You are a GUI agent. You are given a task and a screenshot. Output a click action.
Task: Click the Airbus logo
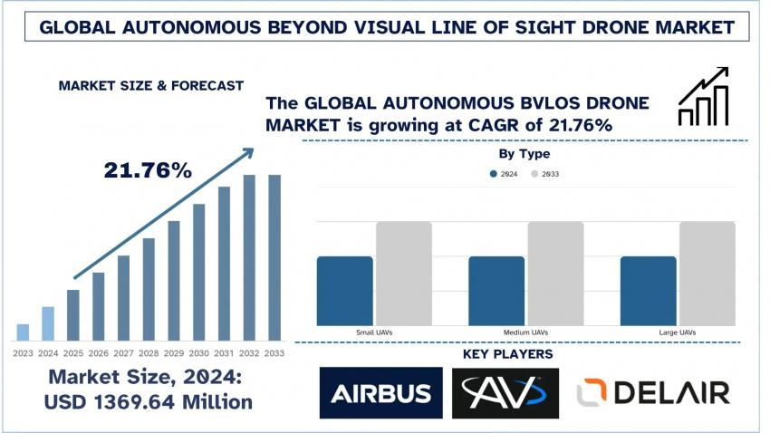pos(380,392)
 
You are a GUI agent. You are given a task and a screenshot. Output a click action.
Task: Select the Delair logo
pos(653,392)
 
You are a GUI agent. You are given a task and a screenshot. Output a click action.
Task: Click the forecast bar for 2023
pos(24,332)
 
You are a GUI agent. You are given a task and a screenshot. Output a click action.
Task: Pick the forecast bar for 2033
pos(274,257)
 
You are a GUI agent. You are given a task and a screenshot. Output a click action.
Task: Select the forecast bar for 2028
pos(149,289)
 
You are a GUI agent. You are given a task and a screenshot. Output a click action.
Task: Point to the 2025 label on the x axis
pos(73,352)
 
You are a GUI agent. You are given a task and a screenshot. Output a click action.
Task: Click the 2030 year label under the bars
pos(199,352)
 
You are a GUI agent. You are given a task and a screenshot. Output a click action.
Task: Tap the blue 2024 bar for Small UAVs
pos(344,291)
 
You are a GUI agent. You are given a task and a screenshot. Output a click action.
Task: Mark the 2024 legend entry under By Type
pos(503,173)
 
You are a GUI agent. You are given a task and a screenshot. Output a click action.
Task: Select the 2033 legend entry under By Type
pos(544,173)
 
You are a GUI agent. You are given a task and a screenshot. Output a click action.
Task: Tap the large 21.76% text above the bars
pos(148,169)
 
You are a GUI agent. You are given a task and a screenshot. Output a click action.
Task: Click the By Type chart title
pos(525,154)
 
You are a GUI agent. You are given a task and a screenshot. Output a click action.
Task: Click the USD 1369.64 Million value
pos(149,399)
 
